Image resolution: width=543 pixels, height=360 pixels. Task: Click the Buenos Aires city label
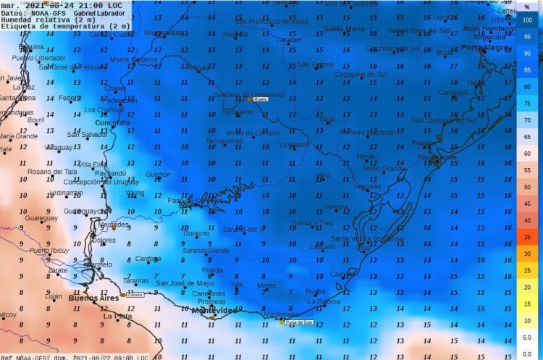click(x=93, y=298)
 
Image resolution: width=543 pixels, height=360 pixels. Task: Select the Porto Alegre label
click(x=481, y=47)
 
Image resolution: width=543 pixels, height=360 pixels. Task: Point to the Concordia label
click(x=113, y=122)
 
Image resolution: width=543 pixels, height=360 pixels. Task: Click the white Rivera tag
click(x=261, y=101)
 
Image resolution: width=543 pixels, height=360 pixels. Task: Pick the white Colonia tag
click(x=135, y=295)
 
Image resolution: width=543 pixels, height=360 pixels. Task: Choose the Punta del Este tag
click(x=298, y=322)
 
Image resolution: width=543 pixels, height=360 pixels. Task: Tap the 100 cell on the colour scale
click(x=528, y=20)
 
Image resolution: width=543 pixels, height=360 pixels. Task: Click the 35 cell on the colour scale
click(x=528, y=237)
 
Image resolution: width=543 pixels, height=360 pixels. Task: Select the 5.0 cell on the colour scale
click(x=528, y=337)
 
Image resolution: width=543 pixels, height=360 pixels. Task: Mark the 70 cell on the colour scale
click(x=528, y=120)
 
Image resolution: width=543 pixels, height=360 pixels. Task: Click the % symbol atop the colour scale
click(x=528, y=7)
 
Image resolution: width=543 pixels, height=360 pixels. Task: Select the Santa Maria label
click(x=344, y=29)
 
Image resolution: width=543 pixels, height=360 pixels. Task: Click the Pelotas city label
click(x=424, y=143)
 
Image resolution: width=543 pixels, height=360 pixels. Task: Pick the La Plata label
click(x=117, y=317)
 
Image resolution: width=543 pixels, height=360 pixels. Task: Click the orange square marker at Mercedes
click(x=114, y=227)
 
